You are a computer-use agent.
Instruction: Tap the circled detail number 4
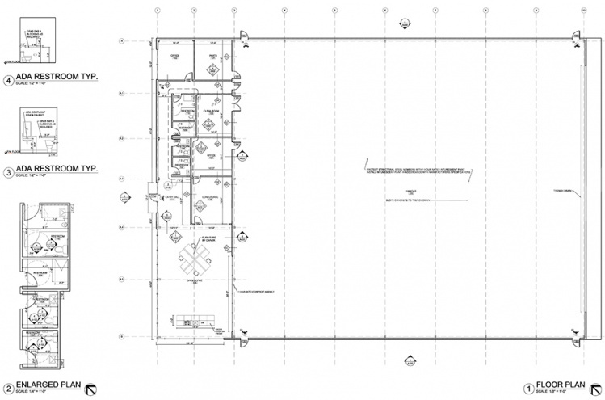pos(8,80)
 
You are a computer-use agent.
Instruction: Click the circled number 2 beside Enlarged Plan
pos(8,386)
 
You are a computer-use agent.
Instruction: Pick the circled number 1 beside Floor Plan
pos(528,386)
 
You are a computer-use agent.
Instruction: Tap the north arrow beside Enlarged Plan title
pos(95,386)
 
